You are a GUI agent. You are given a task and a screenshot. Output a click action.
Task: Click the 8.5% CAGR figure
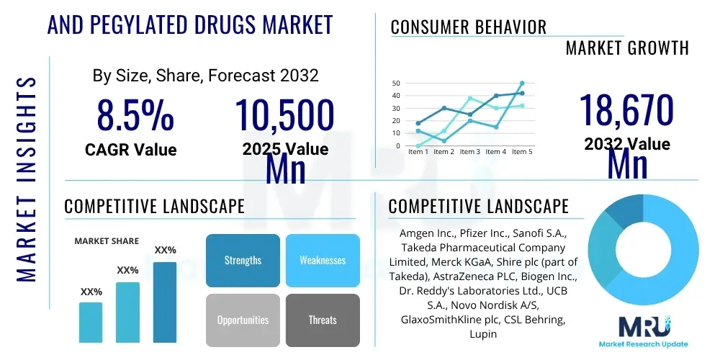[x=135, y=115]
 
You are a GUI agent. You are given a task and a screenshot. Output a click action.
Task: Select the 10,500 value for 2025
[x=285, y=115]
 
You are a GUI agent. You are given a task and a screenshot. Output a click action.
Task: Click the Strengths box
[x=243, y=260]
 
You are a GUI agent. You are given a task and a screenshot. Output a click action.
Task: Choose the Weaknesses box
[x=323, y=260]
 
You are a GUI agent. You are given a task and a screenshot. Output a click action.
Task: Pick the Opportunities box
[x=243, y=320]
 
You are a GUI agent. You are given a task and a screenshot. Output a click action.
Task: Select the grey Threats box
[x=323, y=320]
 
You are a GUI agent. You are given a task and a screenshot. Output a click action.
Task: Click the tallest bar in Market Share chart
[x=165, y=302]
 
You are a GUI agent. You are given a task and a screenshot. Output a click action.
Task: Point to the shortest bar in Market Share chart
[x=91, y=322]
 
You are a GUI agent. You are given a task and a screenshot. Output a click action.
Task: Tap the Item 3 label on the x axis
[x=470, y=152]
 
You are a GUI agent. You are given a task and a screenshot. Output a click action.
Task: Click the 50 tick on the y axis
[x=395, y=84]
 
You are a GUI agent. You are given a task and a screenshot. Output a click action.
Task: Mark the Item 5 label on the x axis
[x=521, y=152]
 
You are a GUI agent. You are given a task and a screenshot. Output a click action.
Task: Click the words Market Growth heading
[x=626, y=48]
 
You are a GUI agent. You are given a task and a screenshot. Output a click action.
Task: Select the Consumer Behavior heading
[x=468, y=27]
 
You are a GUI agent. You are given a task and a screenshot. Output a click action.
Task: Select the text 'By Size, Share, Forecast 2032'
[x=205, y=75]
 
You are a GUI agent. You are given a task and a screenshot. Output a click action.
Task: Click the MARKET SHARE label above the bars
[x=107, y=241]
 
